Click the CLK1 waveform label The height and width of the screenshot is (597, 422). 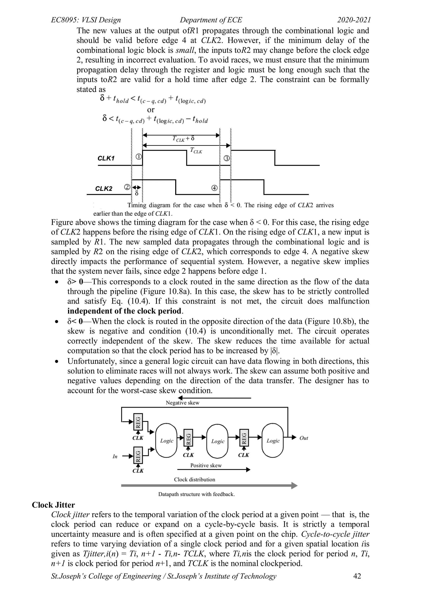click(106, 158)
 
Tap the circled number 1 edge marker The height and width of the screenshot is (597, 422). click(138, 157)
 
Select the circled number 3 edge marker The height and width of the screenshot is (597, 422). click(227, 158)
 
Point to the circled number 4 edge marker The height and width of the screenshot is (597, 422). click(214, 188)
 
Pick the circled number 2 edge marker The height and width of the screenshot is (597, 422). click(127, 187)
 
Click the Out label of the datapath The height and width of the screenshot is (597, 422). click(304, 438)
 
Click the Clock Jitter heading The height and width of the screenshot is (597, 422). click(53, 505)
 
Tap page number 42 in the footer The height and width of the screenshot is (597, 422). click(357, 576)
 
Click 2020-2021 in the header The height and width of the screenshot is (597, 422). click(354, 20)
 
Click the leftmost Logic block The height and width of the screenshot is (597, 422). click(166, 441)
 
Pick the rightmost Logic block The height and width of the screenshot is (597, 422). click(273, 441)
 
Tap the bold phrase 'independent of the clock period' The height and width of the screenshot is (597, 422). click(124, 311)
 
